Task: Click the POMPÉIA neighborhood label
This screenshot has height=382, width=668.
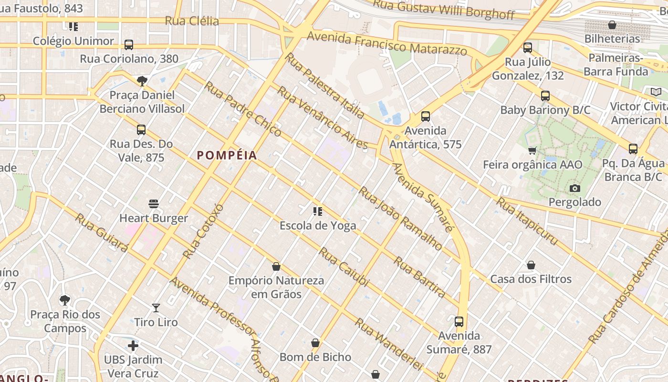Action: (x=227, y=155)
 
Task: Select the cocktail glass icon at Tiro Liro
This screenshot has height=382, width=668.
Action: (x=156, y=308)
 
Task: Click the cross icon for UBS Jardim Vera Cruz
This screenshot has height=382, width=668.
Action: (x=133, y=345)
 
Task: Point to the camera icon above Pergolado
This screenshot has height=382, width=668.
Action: (x=575, y=188)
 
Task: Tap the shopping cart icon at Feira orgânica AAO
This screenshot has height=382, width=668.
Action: (x=532, y=151)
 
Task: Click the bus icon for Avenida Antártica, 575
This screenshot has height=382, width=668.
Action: (x=426, y=117)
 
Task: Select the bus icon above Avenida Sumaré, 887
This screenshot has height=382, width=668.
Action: (x=459, y=322)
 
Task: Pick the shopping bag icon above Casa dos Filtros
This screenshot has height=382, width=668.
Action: (x=531, y=265)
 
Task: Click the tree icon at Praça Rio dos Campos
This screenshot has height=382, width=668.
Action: (x=65, y=300)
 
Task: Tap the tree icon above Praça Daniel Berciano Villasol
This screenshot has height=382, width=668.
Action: (x=142, y=81)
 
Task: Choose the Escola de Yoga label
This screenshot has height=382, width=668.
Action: (x=318, y=225)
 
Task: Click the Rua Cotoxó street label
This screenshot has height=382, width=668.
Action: (x=203, y=231)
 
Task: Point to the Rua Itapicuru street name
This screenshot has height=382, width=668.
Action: (x=527, y=222)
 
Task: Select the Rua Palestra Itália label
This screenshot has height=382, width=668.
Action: (x=324, y=85)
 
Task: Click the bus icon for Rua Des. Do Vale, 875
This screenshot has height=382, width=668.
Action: (x=141, y=130)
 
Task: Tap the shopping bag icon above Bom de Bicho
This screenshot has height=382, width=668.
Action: (x=315, y=343)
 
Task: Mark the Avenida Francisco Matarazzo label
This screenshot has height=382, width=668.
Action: (x=387, y=43)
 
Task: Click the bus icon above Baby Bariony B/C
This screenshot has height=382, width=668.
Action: (x=545, y=96)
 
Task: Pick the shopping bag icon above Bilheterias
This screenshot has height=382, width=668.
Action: (x=612, y=25)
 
